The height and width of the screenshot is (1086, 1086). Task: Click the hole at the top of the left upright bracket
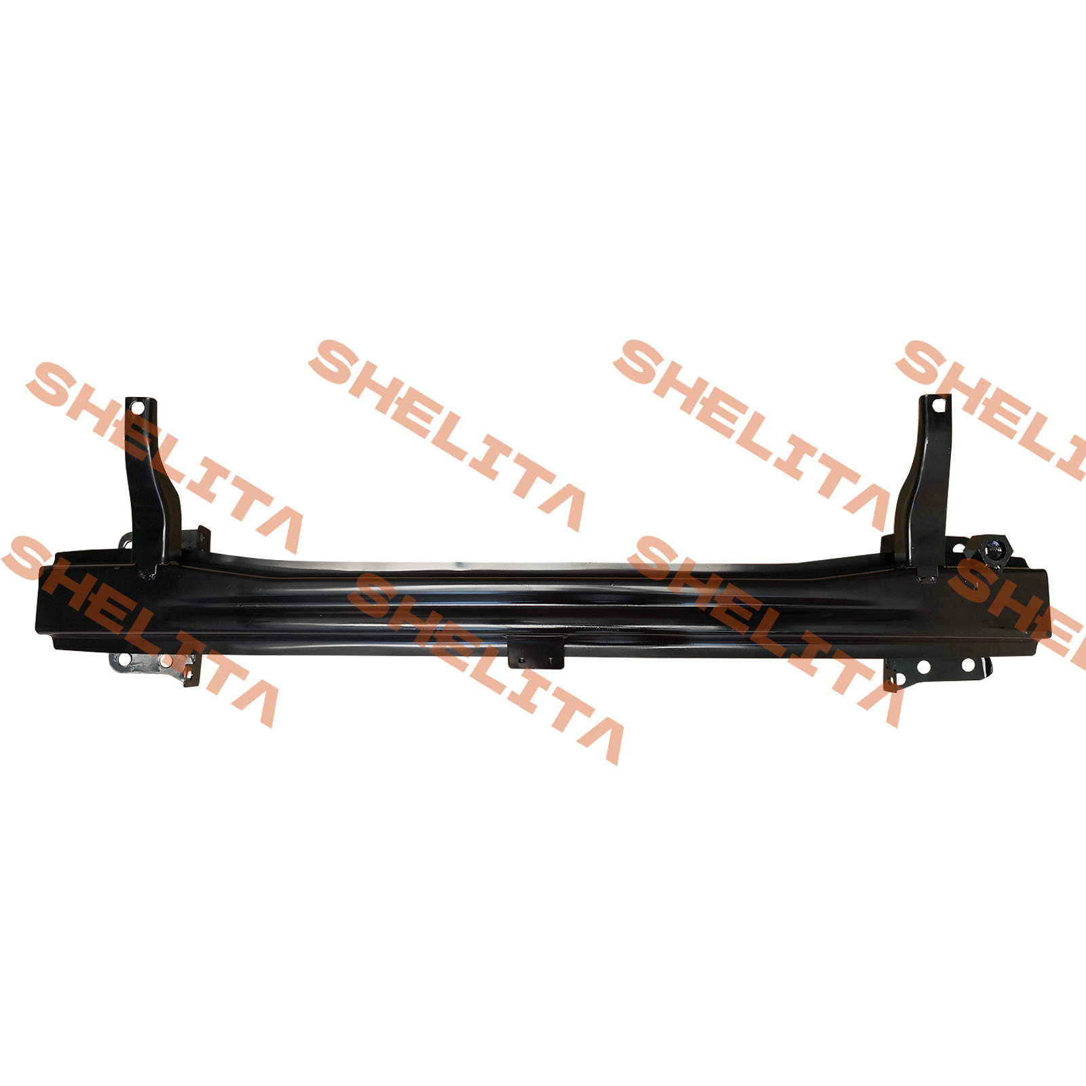point(138,409)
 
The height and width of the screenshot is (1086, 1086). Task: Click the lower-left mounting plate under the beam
point(157,668)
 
